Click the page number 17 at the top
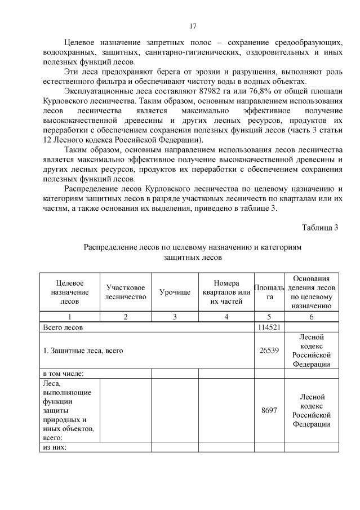[193, 26]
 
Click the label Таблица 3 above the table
[319, 228]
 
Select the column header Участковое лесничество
[125, 292]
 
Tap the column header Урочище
[175, 292]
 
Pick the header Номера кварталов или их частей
[226, 292]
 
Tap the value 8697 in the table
[269, 410]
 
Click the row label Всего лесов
[64, 326]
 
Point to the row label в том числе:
[63, 373]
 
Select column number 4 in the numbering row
[226, 317]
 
